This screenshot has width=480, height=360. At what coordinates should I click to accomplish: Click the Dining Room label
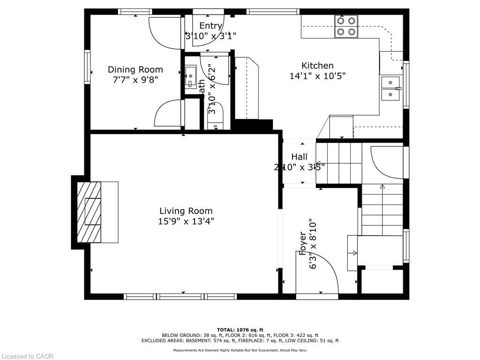tap(135, 69)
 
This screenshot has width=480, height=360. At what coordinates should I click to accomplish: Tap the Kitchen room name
tap(317, 66)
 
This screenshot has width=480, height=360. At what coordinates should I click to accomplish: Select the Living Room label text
tap(186, 211)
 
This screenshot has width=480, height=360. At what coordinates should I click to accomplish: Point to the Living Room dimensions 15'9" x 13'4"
tap(186, 221)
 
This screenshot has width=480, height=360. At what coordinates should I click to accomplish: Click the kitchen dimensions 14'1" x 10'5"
tap(317, 76)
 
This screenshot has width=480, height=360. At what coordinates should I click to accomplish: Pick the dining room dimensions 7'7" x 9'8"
tap(135, 80)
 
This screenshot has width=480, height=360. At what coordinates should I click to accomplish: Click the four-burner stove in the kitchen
tap(346, 26)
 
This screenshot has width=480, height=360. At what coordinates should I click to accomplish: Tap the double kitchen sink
tap(390, 89)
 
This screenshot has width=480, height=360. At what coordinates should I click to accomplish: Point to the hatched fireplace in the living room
tap(89, 212)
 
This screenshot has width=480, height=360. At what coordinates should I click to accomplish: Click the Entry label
tap(210, 26)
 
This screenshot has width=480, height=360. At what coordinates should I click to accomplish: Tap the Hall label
tap(299, 157)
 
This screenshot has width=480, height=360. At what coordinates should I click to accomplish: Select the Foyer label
tap(303, 244)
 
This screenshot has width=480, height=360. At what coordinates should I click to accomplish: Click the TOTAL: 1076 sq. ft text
tap(240, 330)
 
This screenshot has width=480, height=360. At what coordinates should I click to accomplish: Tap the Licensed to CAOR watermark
tap(27, 356)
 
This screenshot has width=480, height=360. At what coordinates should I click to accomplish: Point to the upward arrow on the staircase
tap(382, 187)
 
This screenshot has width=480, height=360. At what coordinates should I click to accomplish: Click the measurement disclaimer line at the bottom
tap(240, 350)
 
